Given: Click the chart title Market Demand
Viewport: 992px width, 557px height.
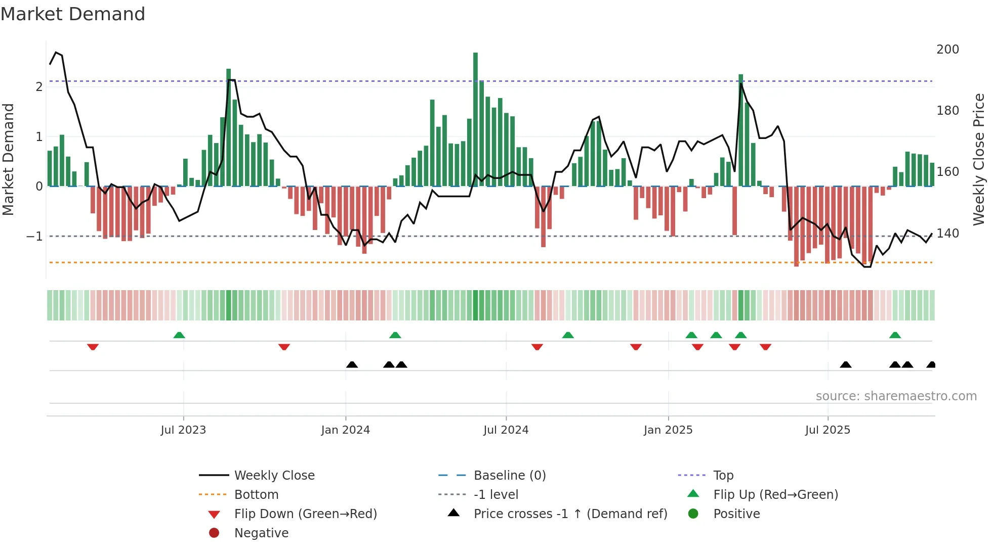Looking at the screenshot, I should click(x=73, y=14).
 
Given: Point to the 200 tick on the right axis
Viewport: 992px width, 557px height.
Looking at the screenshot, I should click(x=947, y=50).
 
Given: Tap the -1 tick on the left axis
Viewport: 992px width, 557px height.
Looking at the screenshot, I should click(x=34, y=237).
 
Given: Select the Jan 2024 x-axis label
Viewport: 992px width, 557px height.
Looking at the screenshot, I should click(x=346, y=430).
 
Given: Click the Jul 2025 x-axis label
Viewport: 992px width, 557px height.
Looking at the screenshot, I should click(x=828, y=430).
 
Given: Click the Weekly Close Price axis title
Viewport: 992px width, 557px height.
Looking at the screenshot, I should click(x=979, y=159).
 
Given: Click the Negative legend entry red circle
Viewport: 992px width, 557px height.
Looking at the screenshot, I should click(x=214, y=533).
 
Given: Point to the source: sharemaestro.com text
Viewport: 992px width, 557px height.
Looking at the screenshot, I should click(x=896, y=396).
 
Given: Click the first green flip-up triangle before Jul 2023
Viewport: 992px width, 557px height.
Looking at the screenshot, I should click(x=179, y=335).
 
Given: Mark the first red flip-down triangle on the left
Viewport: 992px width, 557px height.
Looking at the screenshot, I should click(x=93, y=347).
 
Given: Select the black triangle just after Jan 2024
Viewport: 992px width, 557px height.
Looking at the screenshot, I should click(x=352, y=364).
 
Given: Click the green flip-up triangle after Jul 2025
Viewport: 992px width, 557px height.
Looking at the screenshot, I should click(x=895, y=335).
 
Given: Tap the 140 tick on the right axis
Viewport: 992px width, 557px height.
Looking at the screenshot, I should click(x=947, y=234).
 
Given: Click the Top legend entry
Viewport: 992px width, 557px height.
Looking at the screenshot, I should click(x=723, y=476).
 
